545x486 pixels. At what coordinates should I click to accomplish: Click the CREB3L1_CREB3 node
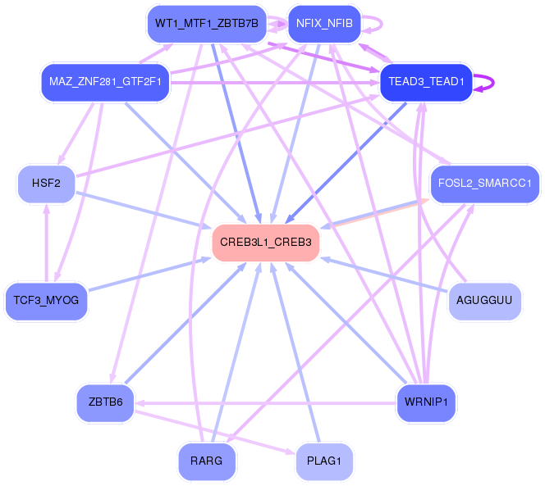tap(265, 243)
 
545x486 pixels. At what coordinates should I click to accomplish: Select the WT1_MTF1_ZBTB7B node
tap(206, 23)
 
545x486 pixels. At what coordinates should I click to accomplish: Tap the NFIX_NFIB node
tap(323, 23)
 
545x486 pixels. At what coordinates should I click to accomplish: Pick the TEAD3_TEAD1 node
tap(427, 82)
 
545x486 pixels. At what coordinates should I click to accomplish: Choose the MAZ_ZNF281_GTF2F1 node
tap(105, 82)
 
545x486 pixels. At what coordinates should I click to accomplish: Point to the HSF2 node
tap(47, 183)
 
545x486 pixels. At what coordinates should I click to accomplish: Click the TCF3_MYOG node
tap(47, 301)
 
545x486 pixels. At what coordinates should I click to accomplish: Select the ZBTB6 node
tap(106, 402)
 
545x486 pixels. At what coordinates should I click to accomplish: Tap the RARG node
tap(206, 461)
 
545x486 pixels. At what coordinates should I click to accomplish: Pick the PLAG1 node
tap(324, 461)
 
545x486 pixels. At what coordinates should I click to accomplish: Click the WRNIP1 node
tap(426, 402)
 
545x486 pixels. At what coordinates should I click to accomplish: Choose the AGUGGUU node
tap(484, 301)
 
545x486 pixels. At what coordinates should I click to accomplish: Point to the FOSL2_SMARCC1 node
tap(484, 183)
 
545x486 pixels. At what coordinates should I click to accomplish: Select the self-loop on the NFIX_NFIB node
tap(378, 23)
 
